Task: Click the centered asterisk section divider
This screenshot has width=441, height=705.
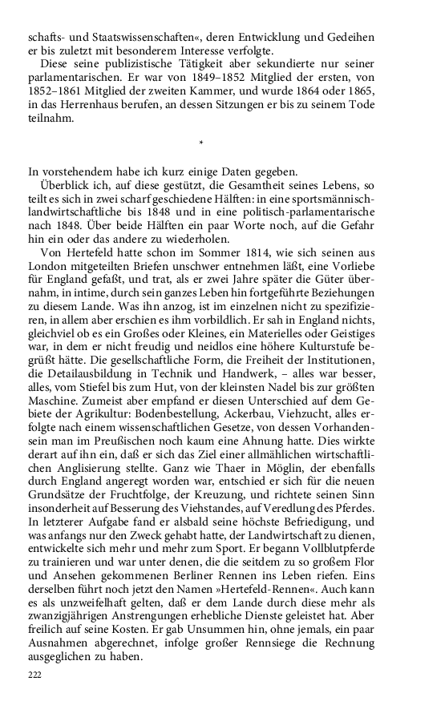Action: point(200,144)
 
